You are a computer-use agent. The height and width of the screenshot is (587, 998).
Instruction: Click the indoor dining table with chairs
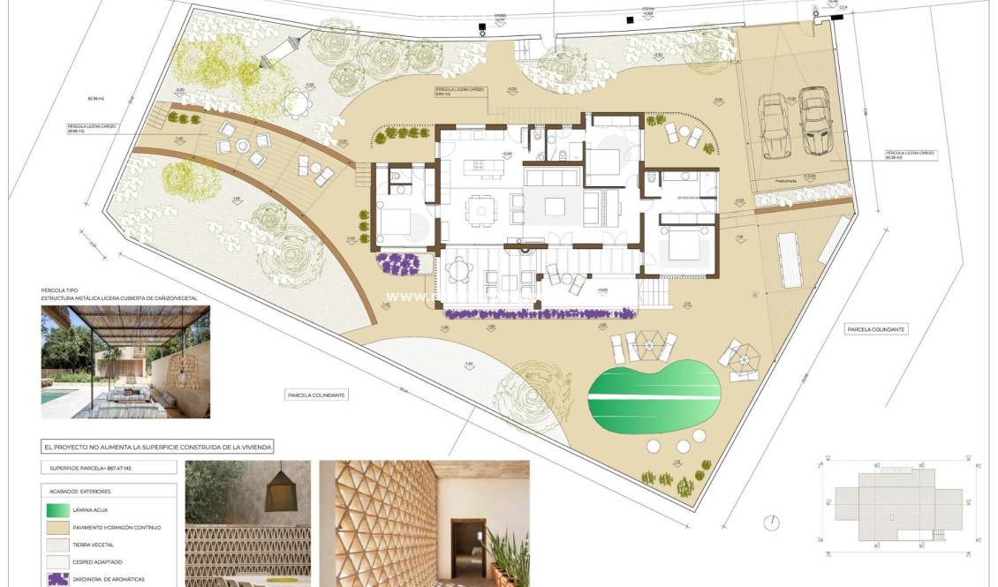(x=480, y=210)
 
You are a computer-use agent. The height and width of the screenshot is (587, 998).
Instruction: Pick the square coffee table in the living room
(x=555, y=207)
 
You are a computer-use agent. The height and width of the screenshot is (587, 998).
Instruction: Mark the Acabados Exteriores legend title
(x=81, y=491)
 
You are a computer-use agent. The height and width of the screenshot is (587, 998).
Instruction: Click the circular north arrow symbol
(x=772, y=523)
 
